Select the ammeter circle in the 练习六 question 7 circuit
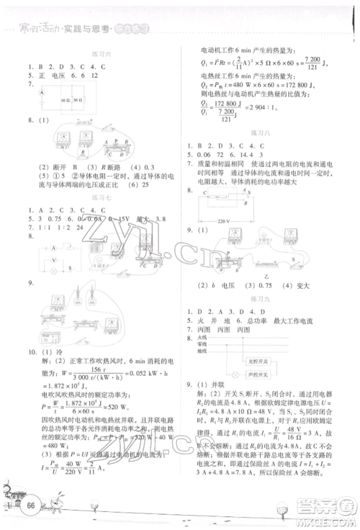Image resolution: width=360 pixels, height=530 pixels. [33, 99]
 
